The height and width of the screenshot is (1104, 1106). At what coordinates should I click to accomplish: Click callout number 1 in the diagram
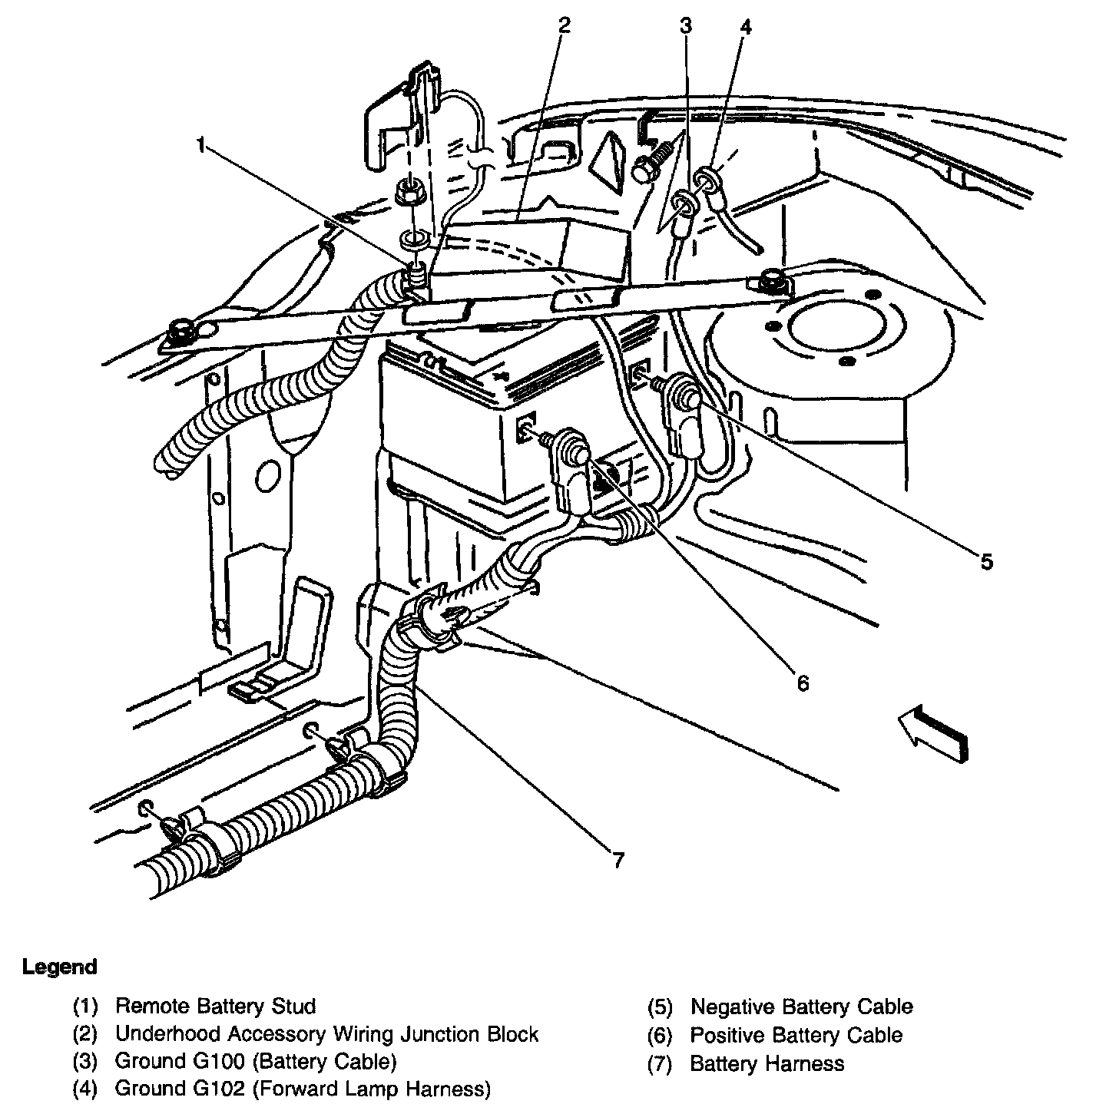(x=202, y=144)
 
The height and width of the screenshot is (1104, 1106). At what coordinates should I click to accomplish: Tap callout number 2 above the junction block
(x=565, y=25)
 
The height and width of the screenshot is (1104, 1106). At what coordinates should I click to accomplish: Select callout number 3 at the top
(x=685, y=25)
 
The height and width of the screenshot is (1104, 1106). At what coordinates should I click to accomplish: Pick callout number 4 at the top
(x=744, y=25)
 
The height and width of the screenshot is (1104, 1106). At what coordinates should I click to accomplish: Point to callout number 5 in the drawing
(x=986, y=561)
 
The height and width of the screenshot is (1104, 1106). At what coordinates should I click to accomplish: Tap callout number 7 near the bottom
(x=618, y=859)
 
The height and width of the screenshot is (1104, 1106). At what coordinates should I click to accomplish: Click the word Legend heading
(x=60, y=967)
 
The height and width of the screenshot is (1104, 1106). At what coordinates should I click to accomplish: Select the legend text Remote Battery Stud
(x=215, y=1006)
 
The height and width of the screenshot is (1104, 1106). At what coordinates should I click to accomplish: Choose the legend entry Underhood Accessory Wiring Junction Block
(x=326, y=1034)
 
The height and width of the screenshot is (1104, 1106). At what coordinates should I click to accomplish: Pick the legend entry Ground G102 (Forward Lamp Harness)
(x=302, y=1089)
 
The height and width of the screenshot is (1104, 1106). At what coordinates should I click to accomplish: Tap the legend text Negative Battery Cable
(x=801, y=1006)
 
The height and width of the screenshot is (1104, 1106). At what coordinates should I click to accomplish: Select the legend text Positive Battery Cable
(x=796, y=1035)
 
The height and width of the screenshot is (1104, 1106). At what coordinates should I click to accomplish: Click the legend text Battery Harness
(x=767, y=1063)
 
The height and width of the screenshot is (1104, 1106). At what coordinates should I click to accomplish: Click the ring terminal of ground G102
(x=705, y=180)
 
